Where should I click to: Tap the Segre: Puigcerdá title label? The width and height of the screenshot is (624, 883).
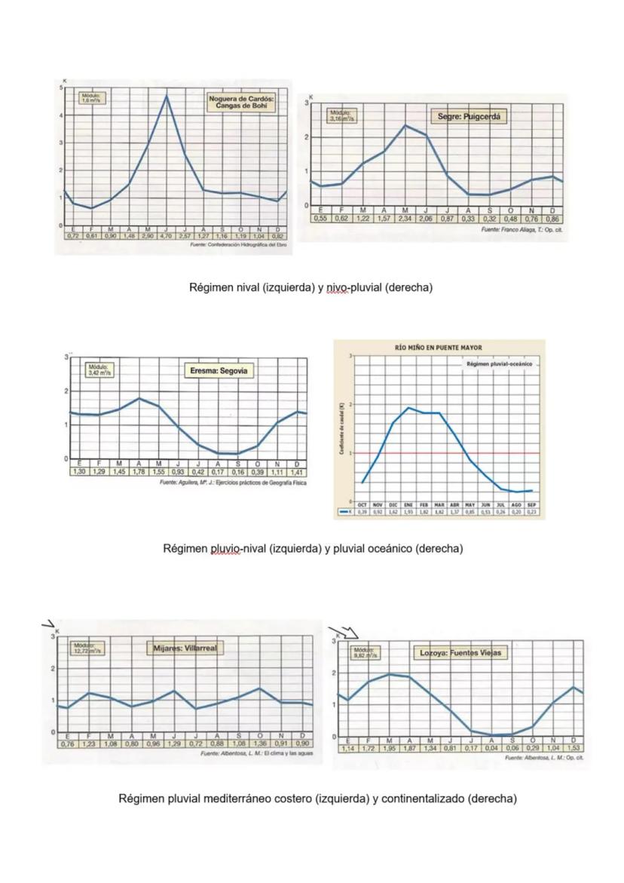[x=469, y=117]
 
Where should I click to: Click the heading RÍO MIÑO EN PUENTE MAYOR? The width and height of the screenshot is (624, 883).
[x=438, y=348]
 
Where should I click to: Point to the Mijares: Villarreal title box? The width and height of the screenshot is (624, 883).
[x=185, y=648]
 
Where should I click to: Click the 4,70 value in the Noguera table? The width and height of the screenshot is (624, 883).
[x=167, y=235]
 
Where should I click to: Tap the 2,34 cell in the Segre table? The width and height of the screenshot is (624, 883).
[x=405, y=219]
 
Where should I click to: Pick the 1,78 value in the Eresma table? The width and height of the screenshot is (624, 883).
[x=139, y=471]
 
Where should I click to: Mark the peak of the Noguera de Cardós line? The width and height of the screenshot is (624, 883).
[x=167, y=96]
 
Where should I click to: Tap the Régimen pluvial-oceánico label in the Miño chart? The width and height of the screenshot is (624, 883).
[x=499, y=363]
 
